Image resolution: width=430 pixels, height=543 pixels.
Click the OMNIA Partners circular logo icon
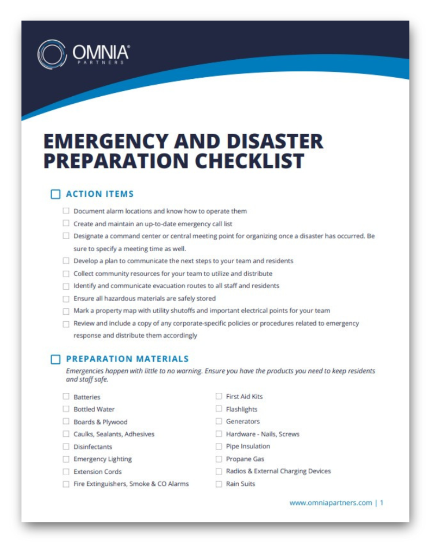click(52, 54)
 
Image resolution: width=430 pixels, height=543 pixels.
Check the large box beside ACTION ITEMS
click(55, 195)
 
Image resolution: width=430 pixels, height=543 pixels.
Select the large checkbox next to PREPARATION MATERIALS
click(55, 359)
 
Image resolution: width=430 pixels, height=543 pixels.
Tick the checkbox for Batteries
click(66, 397)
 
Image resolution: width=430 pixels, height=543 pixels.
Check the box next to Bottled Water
click(66, 409)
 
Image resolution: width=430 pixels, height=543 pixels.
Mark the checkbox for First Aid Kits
click(219, 396)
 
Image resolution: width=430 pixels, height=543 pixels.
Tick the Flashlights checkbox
click(219, 409)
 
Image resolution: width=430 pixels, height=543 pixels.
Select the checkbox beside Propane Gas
click(219, 459)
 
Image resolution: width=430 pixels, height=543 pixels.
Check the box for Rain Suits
click(219, 484)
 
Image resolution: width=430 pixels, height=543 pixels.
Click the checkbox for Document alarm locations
click(66, 211)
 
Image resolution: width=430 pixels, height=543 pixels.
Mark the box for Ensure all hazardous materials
click(66, 298)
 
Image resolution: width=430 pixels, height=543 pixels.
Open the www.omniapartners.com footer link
click(331, 503)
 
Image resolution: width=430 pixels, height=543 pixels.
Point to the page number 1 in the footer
click(382, 503)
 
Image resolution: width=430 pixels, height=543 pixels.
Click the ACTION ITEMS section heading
click(99, 194)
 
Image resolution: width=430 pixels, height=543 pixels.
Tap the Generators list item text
click(242, 421)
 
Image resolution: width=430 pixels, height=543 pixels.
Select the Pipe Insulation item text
click(248, 446)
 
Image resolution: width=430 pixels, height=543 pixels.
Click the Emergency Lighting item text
click(102, 459)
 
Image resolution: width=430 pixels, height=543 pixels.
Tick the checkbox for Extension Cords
click(66, 472)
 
